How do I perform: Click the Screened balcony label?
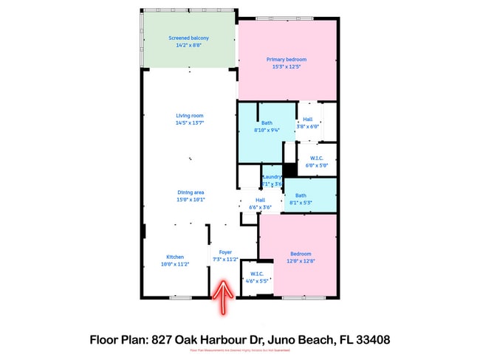click(x=188, y=38)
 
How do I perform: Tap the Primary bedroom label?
click(x=286, y=59)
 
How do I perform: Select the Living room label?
click(x=189, y=116)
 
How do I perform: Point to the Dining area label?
click(x=191, y=192)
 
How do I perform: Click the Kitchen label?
click(x=175, y=257)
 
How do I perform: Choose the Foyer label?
click(x=225, y=252)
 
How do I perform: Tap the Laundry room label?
click(x=272, y=177)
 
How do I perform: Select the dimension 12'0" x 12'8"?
click(x=301, y=260)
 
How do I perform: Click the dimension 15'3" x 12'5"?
click(x=286, y=66)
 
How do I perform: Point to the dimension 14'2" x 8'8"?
click(x=188, y=45)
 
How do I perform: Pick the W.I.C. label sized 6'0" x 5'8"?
click(x=317, y=157)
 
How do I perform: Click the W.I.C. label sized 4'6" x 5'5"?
click(x=257, y=274)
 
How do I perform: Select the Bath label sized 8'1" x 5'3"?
click(x=301, y=195)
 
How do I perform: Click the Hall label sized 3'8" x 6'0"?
click(x=307, y=119)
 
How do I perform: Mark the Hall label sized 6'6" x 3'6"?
click(x=260, y=200)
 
